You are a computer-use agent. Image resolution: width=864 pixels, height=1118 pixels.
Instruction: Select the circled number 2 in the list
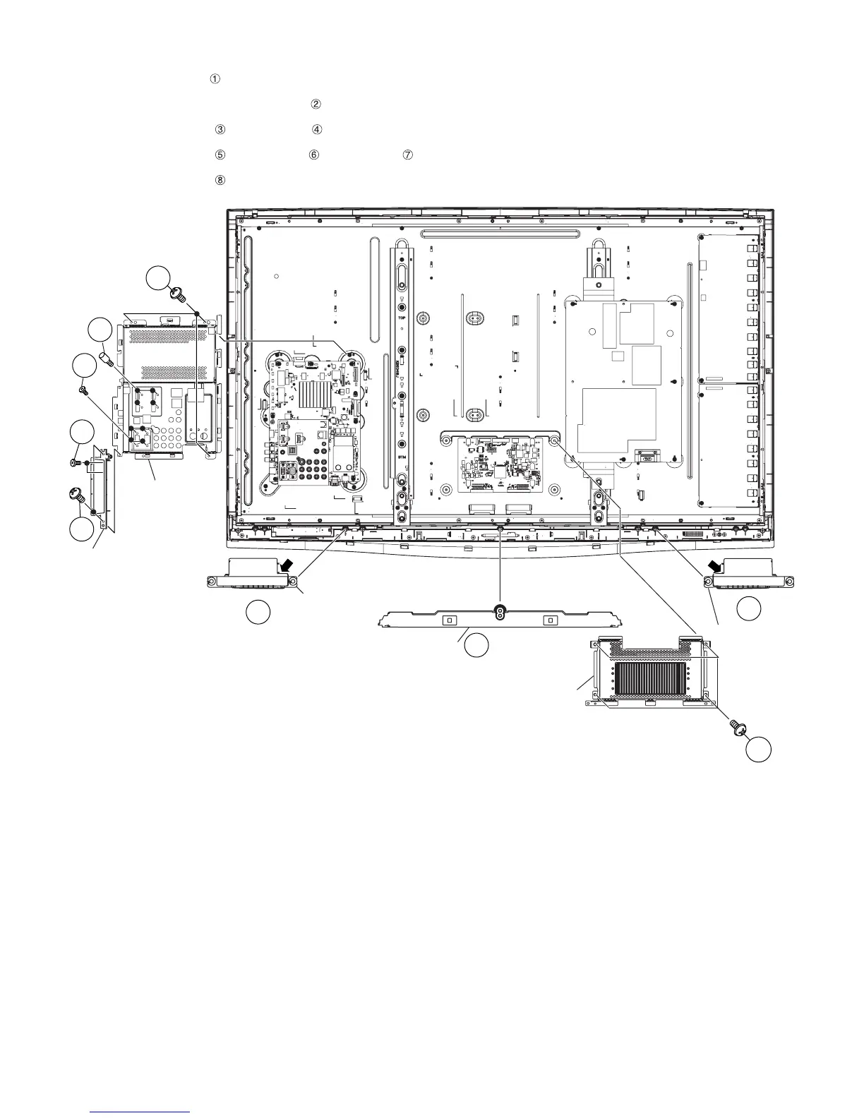pyautogui.click(x=315, y=104)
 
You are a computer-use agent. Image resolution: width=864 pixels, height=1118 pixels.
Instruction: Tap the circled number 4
pyautogui.click(x=317, y=130)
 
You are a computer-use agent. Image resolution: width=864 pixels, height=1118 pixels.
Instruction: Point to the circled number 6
pyautogui.click(x=313, y=155)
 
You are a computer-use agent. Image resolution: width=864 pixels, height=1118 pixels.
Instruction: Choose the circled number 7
pyautogui.click(x=407, y=155)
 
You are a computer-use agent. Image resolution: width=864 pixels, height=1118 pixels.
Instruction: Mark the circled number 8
pyautogui.click(x=220, y=180)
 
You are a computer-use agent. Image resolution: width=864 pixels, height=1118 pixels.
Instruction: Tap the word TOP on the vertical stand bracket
pyautogui.click(x=402, y=318)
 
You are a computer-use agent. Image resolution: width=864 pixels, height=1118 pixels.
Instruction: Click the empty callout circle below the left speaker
pyautogui.click(x=258, y=613)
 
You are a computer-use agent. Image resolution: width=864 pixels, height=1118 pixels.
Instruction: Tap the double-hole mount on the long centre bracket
pyautogui.click(x=500, y=611)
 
